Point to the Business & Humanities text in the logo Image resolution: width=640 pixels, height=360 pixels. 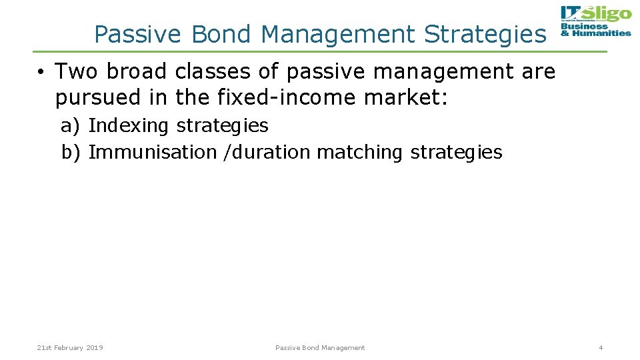click(x=595, y=30)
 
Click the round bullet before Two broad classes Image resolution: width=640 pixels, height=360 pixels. click(x=41, y=71)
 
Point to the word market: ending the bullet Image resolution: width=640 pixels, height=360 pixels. click(x=407, y=98)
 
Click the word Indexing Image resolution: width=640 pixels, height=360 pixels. click(x=129, y=125)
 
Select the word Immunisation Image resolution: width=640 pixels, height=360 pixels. click(x=153, y=152)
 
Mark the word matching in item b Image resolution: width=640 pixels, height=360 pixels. click(x=360, y=152)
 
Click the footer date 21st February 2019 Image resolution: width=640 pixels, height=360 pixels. click(x=70, y=347)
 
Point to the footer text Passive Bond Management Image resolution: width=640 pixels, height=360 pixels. click(x=320, y=347)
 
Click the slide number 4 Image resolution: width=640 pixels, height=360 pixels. click(x=601, y=347)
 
